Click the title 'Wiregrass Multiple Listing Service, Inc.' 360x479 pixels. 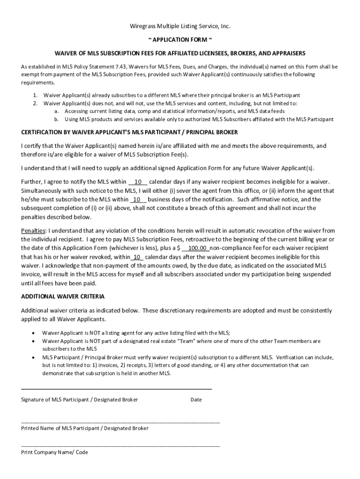(180, 26)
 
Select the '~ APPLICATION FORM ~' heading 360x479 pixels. (180, 40)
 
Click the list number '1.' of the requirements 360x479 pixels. (36, 95)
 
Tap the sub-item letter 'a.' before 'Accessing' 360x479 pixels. (56, 111)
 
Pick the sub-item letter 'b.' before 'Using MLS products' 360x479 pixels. (56, 119)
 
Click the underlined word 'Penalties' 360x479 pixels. (33, 231)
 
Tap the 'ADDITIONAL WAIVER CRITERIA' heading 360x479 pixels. (63, 297)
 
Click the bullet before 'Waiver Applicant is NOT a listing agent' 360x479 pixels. (32, 333)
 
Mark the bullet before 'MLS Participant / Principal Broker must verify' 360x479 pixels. (32, 357)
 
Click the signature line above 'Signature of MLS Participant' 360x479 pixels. (116, 389)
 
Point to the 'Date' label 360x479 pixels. (196, 400)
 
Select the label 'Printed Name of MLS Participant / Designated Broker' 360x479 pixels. (85, 428)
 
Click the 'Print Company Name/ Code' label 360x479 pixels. (54, 452)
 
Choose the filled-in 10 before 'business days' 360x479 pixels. (137, 199)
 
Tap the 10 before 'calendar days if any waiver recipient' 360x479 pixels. (138, 181)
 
